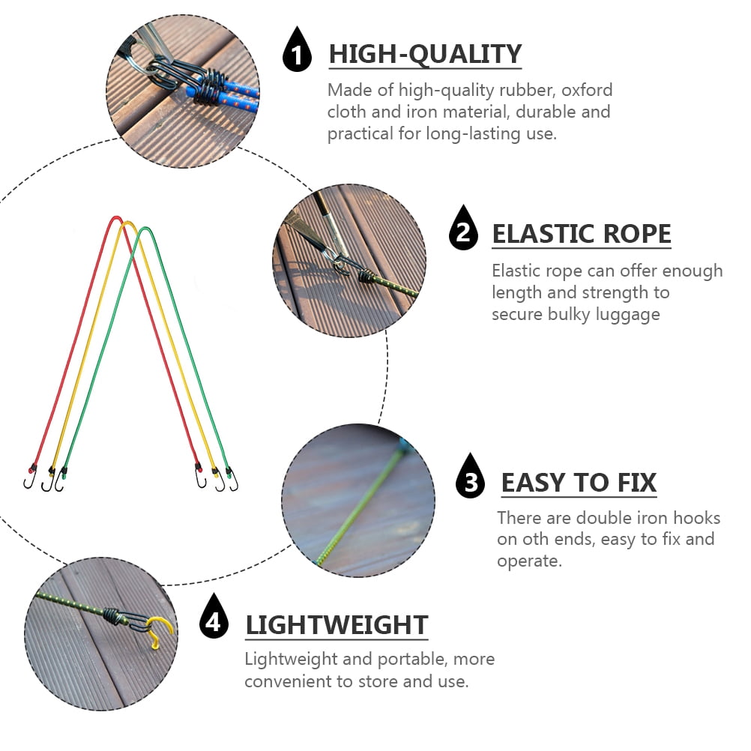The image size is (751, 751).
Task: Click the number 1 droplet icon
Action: (297, 52)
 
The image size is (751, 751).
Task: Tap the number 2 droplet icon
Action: (464, 229)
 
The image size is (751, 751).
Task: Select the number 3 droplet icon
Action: (471, 478)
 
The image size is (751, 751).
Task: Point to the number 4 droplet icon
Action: (214, 618)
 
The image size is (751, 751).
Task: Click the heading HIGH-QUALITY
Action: (425, 55)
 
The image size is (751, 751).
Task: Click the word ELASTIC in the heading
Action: (540, 235)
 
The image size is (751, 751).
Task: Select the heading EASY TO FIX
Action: (579, 483)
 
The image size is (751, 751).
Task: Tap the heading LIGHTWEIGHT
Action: (337, 624)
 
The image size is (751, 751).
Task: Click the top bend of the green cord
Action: (146, 229)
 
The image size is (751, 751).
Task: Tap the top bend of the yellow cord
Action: (128, 223)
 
